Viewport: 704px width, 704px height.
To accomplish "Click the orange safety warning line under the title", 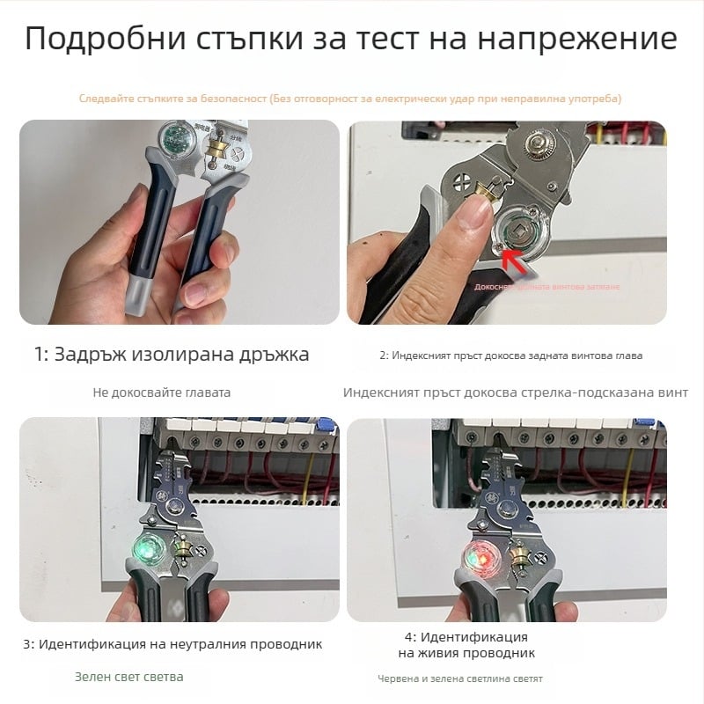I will (x=350, y=99).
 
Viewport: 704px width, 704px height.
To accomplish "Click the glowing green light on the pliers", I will (x=143, y=551).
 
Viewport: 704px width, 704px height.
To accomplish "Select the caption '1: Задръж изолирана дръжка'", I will (x=172, y=355).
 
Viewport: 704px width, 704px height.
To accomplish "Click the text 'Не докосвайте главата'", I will (x=161, y=392).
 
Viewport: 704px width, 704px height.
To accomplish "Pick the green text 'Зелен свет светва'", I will (x=128, y=677).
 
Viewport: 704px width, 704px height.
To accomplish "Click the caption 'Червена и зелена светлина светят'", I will (x=460, y=678).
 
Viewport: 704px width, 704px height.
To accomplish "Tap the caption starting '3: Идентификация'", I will (x=172, y=644).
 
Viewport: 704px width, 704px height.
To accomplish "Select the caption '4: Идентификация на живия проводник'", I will (x=466, y=644).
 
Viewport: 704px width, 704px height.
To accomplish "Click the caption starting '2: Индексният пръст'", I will (x=511, y=356).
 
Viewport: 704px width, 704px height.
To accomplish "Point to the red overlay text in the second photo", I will (x=546, y=287).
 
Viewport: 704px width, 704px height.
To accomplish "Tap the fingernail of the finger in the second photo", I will (x=478, y=209).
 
